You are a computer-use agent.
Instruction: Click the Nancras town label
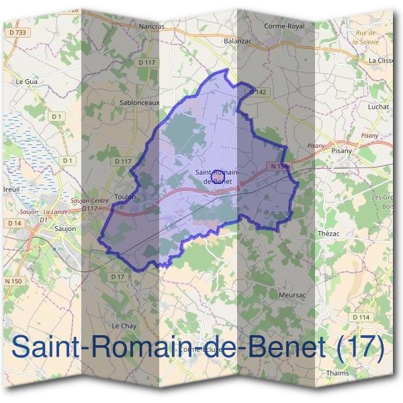pyautogui.click(x=151, y=27)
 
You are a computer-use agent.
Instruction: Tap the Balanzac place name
pyautogui.click(x=236, y=40)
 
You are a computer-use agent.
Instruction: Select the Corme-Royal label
pyautogui.click(x=284, y=26)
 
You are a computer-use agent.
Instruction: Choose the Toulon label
pyautogui.click(x=126, y=197)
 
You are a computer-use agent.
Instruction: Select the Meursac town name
pyautogui.click(x=292, y=294)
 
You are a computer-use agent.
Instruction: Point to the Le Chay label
pyautogui.click(x=125, y=325)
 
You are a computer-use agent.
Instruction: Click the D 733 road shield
pyautogui.click(x=18, y=32)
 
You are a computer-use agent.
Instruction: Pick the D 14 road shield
pyautogui.click(x=14, y=222)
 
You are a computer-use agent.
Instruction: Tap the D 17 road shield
pyautogui.click(x=118, y=277)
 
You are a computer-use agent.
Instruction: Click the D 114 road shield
pyautogui.click(x=361, y=317)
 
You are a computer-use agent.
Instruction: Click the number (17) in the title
pyautogui.click(x=359, y=348)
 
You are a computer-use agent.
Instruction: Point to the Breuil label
pyautogui.click(x=12, y=190)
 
